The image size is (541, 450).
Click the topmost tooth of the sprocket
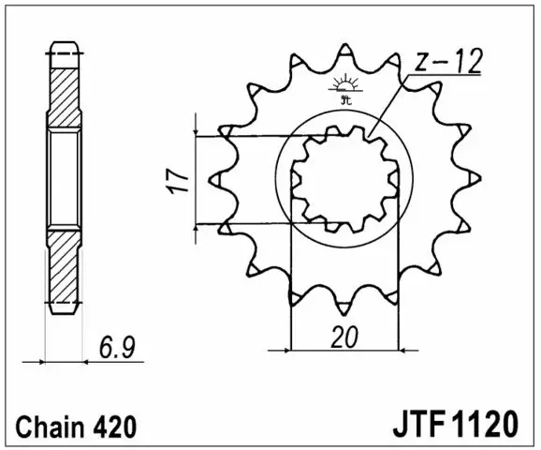(x=345, y=52)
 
